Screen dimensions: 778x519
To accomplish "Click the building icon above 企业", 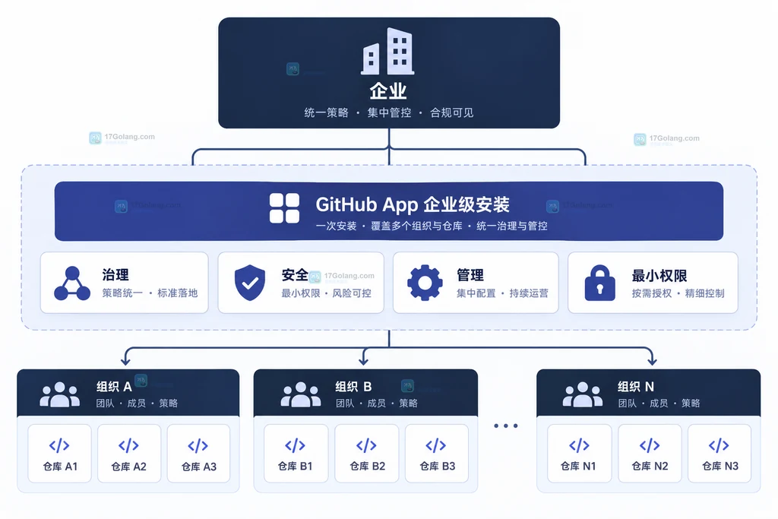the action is click(x=387, y=51).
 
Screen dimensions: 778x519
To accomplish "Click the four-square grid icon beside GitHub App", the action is click(x=284, y=208).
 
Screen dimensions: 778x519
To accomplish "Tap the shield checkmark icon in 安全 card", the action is click(x=249, y=283).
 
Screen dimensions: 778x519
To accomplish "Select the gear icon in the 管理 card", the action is click(x=425, y=283).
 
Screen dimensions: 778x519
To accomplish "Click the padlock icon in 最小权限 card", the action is click(x=600, y=283).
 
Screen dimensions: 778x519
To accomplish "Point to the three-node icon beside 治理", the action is click(x=72, y=283).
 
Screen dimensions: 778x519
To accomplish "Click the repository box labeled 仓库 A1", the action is click(x=59, y=453).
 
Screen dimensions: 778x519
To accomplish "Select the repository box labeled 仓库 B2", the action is click(x=367, y=453).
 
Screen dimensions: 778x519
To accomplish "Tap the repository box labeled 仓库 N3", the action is click(x=719, y=453).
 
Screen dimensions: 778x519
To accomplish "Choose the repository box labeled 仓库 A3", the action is click(x=198, y=453).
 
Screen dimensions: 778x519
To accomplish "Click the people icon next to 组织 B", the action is click(x=301, y=394).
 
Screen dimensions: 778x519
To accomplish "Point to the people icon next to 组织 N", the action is click(x=583, y=394).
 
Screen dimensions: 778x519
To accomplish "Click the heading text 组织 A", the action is click(x=114, y=387).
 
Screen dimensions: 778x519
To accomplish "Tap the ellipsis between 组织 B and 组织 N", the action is click(x=506, y=426).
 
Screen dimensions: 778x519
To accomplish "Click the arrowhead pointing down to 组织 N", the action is click(x=652, y=361).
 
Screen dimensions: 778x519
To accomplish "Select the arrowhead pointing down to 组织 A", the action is click(x=126, y=361).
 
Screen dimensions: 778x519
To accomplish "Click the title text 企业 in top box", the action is click(x=388, y=90).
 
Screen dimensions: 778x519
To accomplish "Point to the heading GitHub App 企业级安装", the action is click(x=413, y=204).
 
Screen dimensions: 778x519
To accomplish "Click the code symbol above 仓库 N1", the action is click(x=579, y=445).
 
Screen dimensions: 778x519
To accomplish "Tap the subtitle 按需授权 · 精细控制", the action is click(x=678, y=293).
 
